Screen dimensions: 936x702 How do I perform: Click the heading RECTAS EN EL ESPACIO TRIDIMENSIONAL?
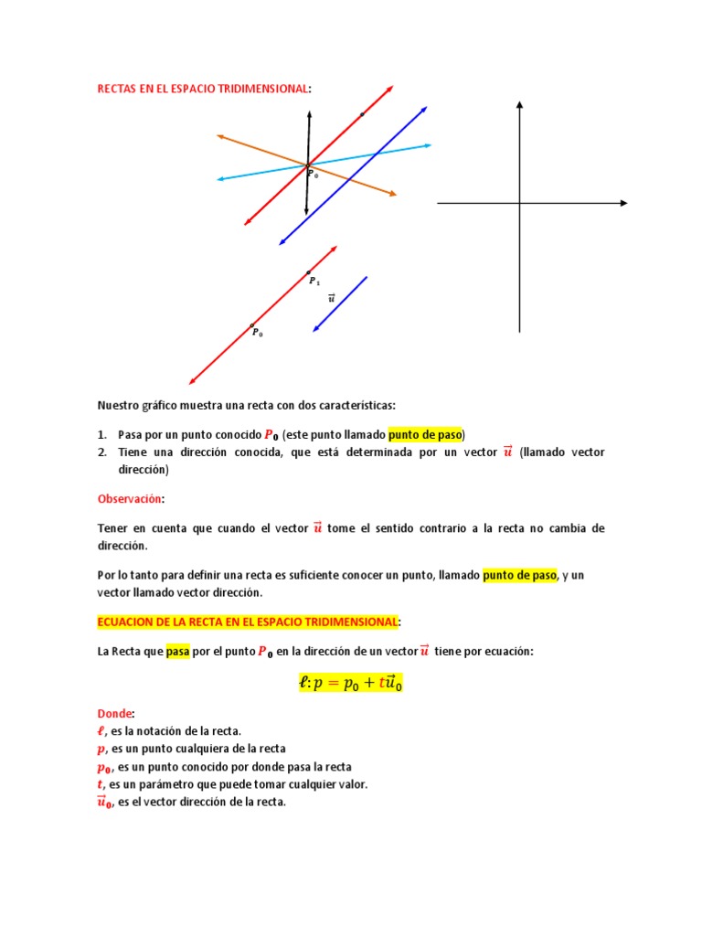point(203,89)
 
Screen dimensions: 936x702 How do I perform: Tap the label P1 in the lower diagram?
point(314,282)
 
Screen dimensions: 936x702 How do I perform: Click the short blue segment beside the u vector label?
point(340,303)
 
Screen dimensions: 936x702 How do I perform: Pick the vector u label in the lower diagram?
point(331,297)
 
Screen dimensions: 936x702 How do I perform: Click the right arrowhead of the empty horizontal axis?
point(623,203)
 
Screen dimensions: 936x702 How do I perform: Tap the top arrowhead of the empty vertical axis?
point(519,105)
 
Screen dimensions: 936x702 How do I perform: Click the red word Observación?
point(130,498)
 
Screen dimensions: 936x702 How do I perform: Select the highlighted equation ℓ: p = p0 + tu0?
point(350,682)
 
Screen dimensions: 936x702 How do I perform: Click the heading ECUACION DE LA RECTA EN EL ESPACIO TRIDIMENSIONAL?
point(248,622)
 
